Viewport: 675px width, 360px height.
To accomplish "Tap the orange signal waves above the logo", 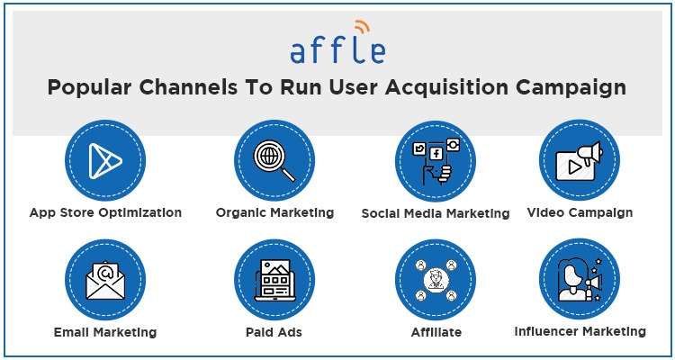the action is point(362,27).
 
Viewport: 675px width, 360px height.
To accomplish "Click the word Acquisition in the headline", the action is point(446,87).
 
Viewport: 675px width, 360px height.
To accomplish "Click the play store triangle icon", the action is point(105,161).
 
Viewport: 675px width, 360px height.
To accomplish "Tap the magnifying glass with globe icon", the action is point(274,160).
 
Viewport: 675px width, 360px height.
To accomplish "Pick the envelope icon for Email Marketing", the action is point(105,280).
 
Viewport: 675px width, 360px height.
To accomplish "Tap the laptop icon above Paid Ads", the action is point(274,280).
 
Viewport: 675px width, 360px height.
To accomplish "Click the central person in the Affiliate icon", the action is point(436,279).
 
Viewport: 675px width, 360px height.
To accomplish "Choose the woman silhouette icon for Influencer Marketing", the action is point(572,279).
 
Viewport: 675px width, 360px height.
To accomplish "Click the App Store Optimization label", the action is point(105,212).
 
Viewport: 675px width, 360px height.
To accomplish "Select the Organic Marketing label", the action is point(274,212).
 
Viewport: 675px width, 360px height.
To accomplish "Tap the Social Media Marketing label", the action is point(436,213).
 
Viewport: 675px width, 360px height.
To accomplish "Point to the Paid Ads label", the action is point(274,332).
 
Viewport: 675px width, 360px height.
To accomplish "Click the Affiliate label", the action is point(436,332).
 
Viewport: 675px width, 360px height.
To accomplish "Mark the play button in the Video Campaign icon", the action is point(574,167).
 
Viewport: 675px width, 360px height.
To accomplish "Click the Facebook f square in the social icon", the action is point(436,153).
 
